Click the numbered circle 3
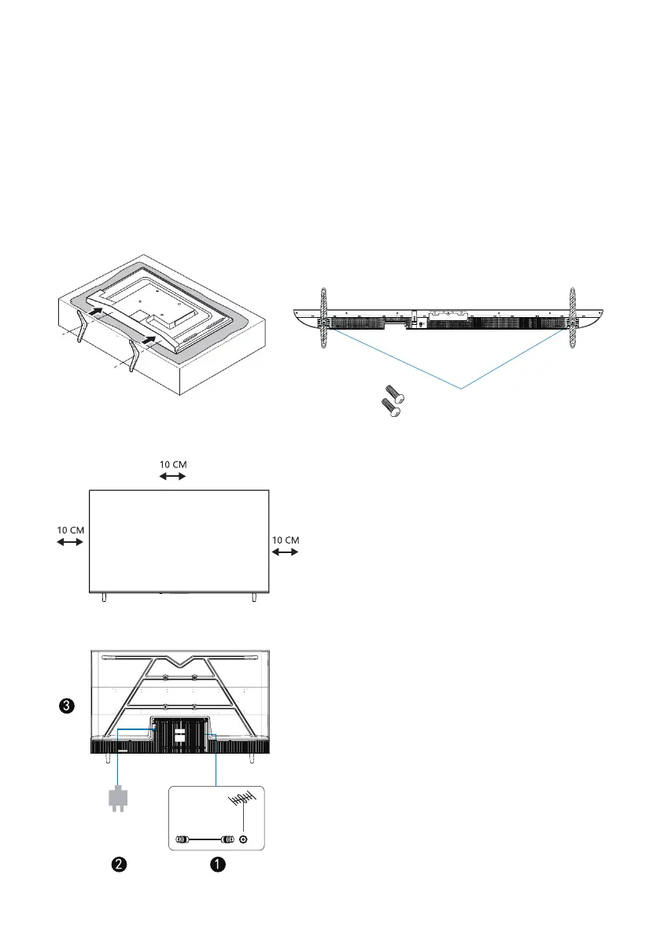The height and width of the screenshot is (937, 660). point(67,706)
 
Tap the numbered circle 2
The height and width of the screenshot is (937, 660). point(119,864)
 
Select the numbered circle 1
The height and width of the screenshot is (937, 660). point(218,864)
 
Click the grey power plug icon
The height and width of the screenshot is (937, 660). point(118,799)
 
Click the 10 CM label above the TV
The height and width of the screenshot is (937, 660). point(173,464)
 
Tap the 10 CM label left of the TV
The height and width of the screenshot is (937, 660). point(71,530)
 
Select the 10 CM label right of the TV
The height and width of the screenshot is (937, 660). point(286,540)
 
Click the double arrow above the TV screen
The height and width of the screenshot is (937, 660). point(172,476)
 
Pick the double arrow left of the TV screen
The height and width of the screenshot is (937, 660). point(70,542)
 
